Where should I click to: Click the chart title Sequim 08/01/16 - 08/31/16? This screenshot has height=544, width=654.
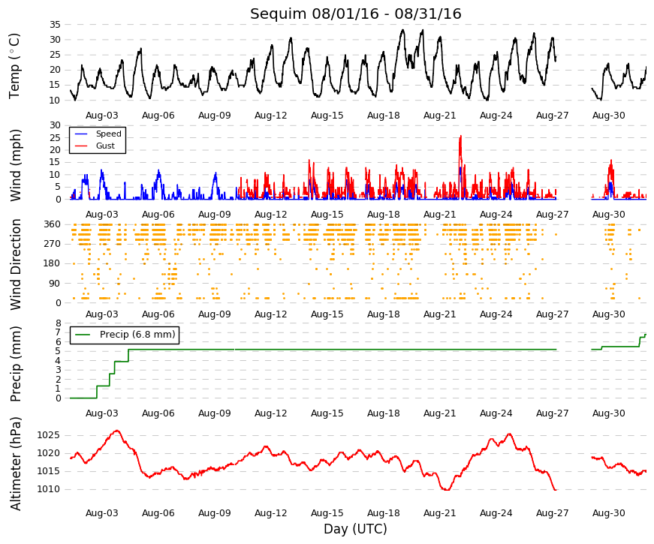(355, 14)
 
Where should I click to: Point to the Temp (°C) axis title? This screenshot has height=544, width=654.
(14, 66)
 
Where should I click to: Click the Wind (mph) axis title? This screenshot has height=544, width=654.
(16, 166)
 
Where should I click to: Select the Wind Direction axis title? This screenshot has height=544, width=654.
(16, 264)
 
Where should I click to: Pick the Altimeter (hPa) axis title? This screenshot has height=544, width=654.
(16, 464)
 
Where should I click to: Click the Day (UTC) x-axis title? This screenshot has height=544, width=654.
(355, 529)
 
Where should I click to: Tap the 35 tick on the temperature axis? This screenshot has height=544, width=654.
(55, 25)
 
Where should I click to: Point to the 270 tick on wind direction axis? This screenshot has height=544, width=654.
(52, 244)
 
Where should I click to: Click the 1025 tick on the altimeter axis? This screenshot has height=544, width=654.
(48, 436)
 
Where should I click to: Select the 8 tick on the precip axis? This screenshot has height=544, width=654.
(59, 323)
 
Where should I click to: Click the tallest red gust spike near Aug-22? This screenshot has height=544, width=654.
(460, 136)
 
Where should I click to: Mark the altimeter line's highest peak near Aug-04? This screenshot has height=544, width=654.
(117, 431)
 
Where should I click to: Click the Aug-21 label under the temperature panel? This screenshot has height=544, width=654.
(439, 116)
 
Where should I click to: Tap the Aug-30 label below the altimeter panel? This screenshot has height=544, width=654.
(608, 513)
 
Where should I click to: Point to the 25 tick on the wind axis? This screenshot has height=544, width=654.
(55, 137)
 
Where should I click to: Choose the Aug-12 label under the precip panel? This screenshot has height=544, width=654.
(271, 413)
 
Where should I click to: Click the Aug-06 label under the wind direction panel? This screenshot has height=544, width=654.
(158, 314)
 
